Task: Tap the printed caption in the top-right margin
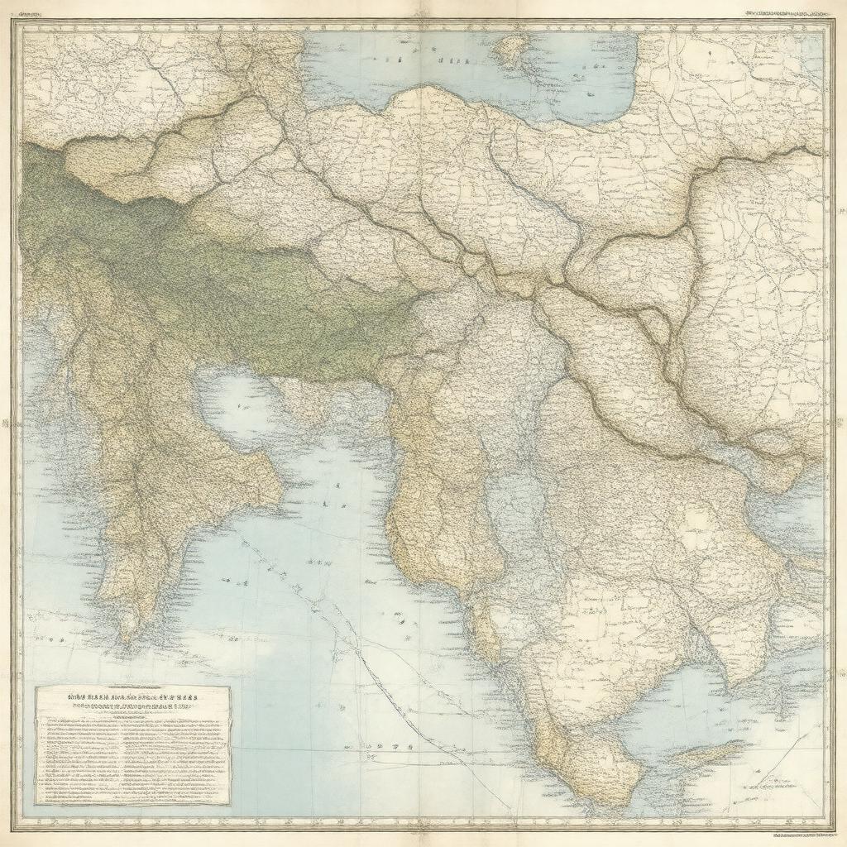(787, 14)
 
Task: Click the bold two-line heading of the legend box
(132, 701)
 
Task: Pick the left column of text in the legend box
(83, 757)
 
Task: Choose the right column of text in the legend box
(178, 757)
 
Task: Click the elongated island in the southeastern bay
(711, 753)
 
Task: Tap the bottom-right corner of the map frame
(825, 821)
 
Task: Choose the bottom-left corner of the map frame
(22, 821)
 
